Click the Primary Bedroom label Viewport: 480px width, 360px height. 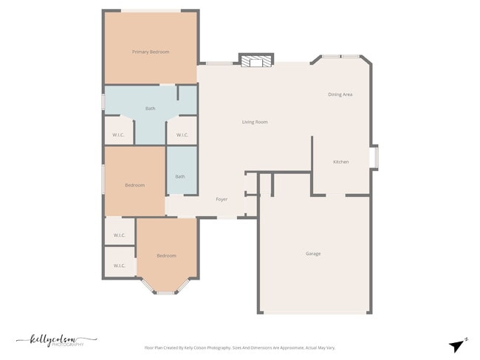click(151, 52)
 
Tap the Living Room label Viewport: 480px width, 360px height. click(255, 122)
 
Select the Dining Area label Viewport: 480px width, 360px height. click(340, 94)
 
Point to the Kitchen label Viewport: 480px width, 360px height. click(341, 162)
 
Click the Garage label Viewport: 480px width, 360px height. click(313, 254)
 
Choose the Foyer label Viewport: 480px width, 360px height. click(222, 199)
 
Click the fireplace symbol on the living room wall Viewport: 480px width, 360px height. click(256, 61)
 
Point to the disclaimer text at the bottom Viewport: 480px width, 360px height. click(239, 347)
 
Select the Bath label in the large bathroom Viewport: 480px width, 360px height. click(151, 108)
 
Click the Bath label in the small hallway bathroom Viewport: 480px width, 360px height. click(180, 176)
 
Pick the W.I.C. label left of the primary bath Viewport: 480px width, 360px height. click(119, 135)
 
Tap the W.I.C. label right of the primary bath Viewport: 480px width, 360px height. click(182, 135)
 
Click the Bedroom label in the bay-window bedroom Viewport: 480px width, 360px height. click(166, 255)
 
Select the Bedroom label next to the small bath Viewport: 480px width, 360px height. click(134, 184)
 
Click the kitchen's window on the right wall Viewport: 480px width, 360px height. click(374, 158)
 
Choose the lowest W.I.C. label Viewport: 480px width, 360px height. click(120, 266)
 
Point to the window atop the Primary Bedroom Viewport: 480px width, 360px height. click(151, 10)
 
